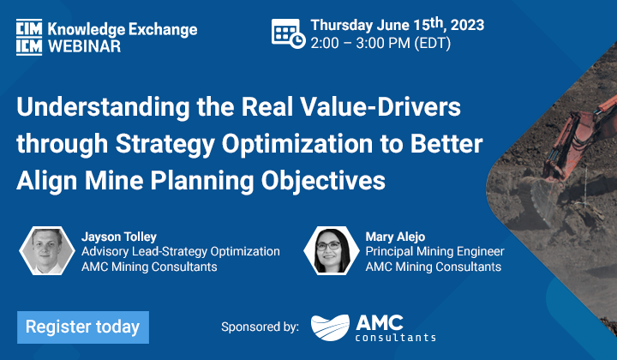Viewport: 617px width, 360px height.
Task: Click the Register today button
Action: pyautogui.click(x=83, y=327)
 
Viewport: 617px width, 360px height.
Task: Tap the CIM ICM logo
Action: pyautogui.click(x=29, y=37)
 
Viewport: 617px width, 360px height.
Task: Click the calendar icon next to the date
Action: pyautogui.click(x=288, y=33)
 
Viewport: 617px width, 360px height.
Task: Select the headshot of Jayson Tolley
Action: pyautogui.click(x=47, y=250)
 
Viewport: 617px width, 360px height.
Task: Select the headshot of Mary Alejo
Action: pyautogui.click(x=332, y=250)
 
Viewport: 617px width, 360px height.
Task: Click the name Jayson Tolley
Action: pyautogui.click(x=119, y=237)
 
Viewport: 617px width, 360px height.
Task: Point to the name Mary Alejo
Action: pyautogui.click(x=395, y=237)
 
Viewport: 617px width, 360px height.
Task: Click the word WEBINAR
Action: pyautogui.click(x=84, y=46)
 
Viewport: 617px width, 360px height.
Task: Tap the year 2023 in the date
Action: pyautogui.click(x=467, y=25)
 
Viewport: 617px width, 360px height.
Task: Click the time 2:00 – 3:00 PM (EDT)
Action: pyautogui.click(x=380, y=43)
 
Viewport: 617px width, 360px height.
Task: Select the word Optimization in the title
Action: pyautogui.click(x=297, y=144)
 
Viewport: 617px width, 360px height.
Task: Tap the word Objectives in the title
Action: pyautogui.click(x=323, y=181)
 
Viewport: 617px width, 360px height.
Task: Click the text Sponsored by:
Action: pyautogui.click(x=261, y=327)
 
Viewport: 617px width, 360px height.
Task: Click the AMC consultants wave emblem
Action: pyautogui.click(x=330, y=327)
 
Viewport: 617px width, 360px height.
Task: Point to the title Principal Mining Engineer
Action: pyautogui.click(x=434, y=251)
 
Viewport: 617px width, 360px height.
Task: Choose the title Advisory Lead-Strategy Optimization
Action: pyautogui.click(x=181, y=251)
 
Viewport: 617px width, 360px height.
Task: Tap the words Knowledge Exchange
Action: pyautogui.click(x=123, y=30)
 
